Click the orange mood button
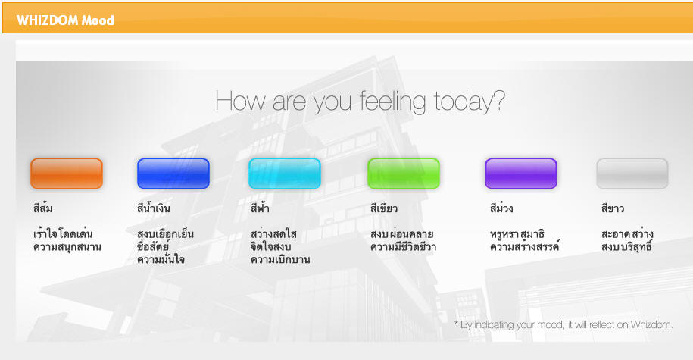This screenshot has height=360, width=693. pos(67,174)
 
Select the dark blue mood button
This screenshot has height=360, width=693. pos(173,174)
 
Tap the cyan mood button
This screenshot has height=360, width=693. pos(285,174)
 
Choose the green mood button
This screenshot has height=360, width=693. pos(404,174)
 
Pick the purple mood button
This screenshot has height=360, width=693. pos(521,174)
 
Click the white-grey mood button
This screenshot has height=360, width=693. pos(632,174)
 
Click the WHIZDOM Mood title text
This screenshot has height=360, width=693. pos(65,20)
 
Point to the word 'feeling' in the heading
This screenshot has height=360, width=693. pos(392,102)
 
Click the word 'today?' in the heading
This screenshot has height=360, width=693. pos(470,102)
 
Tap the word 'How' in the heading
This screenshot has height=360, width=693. pos(241,101)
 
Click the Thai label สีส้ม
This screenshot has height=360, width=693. pos(43,208)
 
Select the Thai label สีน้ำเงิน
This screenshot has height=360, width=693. pos(153,208)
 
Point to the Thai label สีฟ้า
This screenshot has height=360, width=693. pos(260,208)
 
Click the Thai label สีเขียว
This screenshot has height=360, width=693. pos(384,208)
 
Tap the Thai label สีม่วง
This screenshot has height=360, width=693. pos(501,208)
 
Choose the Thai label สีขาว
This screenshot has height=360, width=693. pos(613,208)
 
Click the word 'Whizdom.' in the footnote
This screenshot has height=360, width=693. pos(651,324)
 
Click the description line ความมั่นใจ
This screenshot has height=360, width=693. pos(161,258)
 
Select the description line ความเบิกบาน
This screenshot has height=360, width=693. pos(280,259)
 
